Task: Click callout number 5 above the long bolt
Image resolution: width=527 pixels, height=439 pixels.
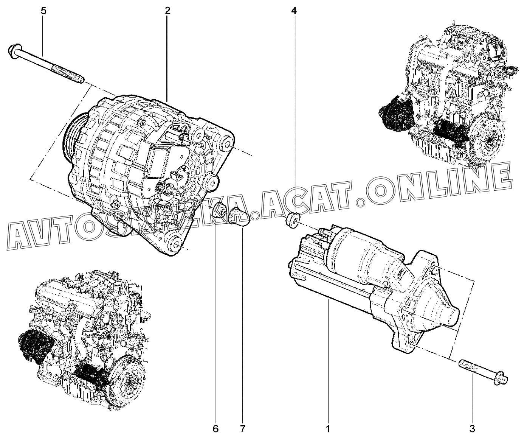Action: [x=43, y=11]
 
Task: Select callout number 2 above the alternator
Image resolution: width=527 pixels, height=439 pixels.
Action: [x=167, y=11]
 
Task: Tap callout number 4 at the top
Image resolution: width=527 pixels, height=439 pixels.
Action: [x=294, y=11]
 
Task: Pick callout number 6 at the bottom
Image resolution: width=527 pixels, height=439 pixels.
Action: [x=215, y=429]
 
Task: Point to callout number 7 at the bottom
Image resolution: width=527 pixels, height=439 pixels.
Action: [x=243, y=429]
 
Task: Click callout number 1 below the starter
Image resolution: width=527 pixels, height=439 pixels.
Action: [x=328, y=429]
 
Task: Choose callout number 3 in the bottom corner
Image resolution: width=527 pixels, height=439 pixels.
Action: [x=472, y=429]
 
